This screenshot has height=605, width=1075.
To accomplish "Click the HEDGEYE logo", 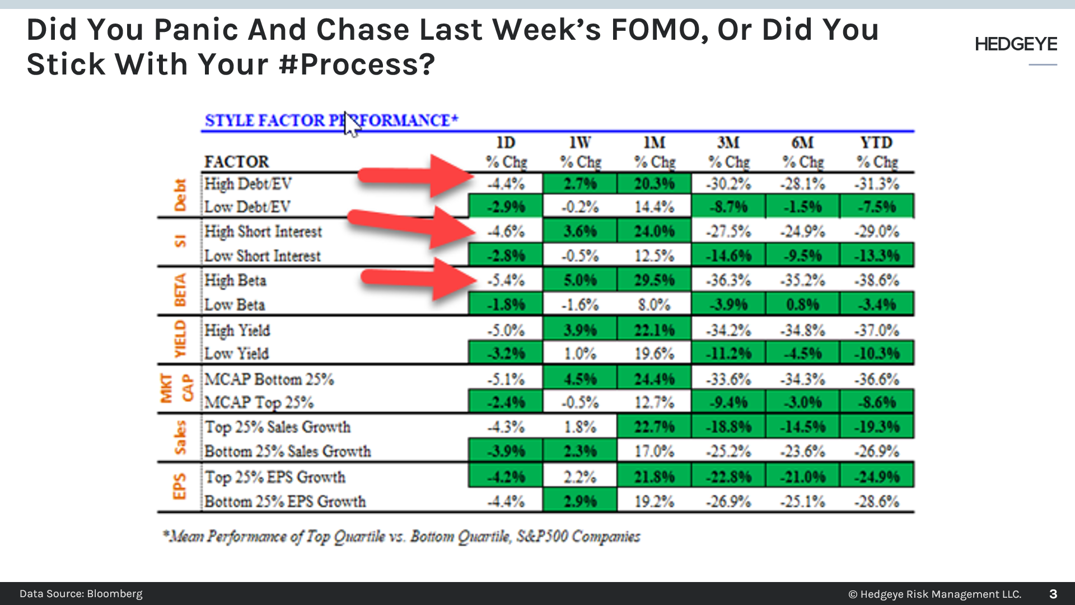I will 1016,44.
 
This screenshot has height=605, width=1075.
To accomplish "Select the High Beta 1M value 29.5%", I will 654,280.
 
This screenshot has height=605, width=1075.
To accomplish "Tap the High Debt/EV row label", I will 247,184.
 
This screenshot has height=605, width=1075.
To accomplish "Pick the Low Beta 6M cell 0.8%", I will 802,305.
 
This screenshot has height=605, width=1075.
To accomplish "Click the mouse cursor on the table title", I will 350,124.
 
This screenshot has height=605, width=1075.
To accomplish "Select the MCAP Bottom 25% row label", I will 269,379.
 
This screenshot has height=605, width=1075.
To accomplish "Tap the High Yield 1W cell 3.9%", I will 580,330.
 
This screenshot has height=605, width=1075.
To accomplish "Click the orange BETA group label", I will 180,290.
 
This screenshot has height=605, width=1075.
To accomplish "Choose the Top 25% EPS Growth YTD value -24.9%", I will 877,477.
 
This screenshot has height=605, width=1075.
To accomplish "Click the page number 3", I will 1053,594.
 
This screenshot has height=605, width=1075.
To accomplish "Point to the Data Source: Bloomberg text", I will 81,594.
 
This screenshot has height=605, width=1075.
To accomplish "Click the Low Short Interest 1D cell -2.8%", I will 506,256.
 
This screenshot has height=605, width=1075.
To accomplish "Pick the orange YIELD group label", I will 180,339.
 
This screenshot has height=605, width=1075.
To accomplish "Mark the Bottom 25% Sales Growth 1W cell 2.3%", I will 580,451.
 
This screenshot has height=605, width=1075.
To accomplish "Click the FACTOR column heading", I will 236,162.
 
